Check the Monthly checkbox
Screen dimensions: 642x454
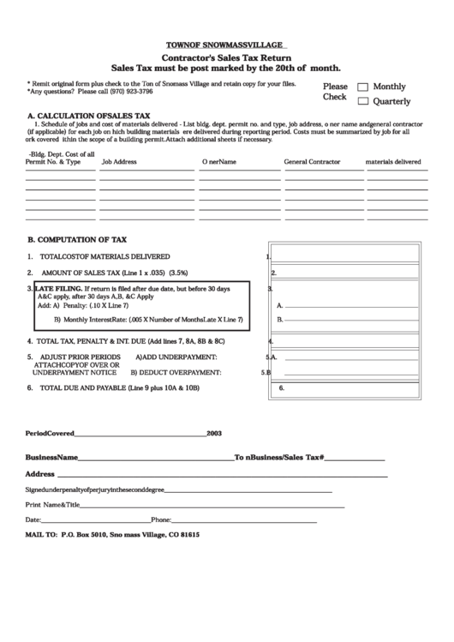pyautogui.click(x=362, y=87)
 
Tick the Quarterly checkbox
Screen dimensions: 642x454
pyautogui.click(x=362, y=101)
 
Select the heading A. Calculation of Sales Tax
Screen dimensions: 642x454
pyautogui.click(x=89, y=115)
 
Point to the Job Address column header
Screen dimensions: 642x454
pyautogui.click(x=119, y=161)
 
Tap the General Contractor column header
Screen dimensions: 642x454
pyautogui.click(x=312, y=161)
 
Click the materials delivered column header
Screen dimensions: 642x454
pyautogui.click(x=393, y=161)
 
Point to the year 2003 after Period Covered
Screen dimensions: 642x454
pyautogui.click(x=214, y=434)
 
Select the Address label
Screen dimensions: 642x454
pyautogui.click(x=40, y=473)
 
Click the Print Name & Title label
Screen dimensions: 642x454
pyautogui.click(x=52, y=505)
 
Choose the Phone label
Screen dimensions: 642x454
pyautogui.click(x=161, y=520)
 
